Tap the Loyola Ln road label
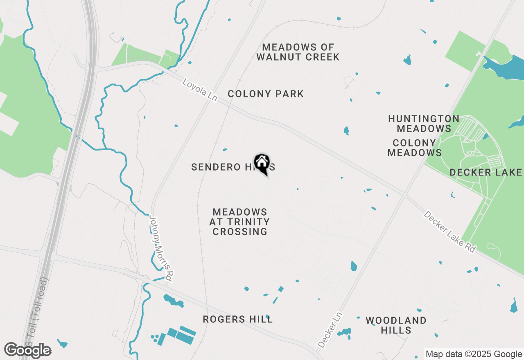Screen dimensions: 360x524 (x=200, y=90)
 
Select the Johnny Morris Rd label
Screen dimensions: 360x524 (x=161, y=248)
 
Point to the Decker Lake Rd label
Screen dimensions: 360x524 (x=450, y=232)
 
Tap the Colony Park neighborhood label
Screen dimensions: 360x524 (x=266, y=94)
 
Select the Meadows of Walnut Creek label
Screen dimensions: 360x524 (x=298, y=52)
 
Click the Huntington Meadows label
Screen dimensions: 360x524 (x=424, y=124)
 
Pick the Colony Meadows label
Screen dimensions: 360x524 (x=414, y=148)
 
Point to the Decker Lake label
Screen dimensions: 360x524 (x=486, y=172)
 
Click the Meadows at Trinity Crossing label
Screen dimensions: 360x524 (x=239, y=222)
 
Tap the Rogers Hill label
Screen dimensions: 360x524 (x=238, y=319)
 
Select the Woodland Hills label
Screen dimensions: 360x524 (x=396, y=325)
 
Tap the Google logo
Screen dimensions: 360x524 (x=28, y=350)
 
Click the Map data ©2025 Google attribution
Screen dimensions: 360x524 (x=474, y=354)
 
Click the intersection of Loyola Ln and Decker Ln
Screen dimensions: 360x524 (x=405, y=194)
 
